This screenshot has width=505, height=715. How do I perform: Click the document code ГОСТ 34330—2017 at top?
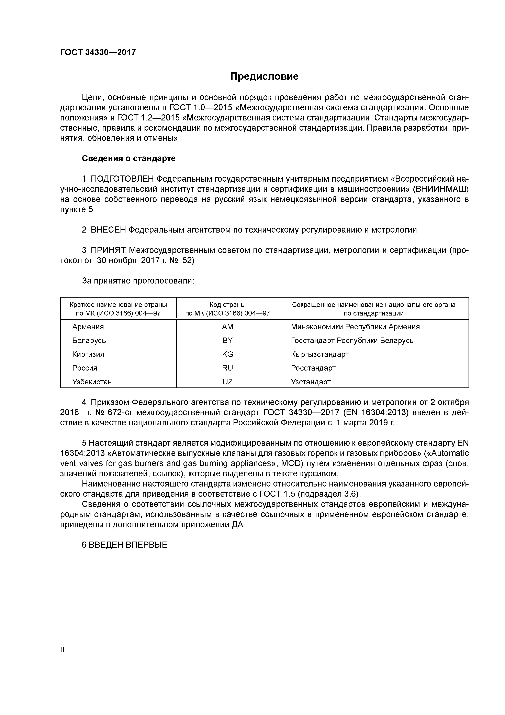tap(98, 52)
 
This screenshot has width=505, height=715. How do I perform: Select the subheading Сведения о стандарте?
tap(128, 159)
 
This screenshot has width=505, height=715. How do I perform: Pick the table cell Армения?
tap(88, 327)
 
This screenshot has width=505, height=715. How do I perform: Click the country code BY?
tap(227, 341)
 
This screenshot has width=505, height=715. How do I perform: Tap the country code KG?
tap(227, 354)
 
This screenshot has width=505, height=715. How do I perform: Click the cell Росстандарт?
tap(313, 368)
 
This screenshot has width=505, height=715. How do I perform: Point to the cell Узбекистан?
tap(92, 382)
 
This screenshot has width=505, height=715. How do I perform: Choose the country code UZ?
tap(227, 382)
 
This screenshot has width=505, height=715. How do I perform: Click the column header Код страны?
tap(227, 305)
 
